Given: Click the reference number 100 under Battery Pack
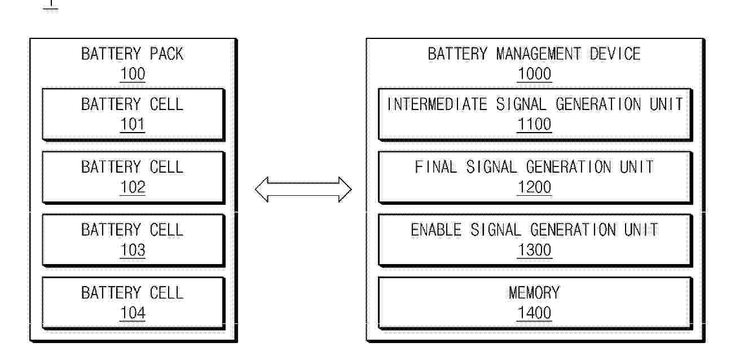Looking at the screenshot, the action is pos(133,74).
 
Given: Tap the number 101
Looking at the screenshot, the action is pos(133,124).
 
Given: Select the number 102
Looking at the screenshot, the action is pos(133,187).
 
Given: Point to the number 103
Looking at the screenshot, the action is pos(133,250).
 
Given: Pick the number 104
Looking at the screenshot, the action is pos(133,313).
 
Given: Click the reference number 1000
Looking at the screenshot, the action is pos(535,74).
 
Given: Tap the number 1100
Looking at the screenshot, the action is pos(535,124).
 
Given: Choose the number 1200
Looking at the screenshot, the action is pos(535,187).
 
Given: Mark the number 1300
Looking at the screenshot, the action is pos(535,250).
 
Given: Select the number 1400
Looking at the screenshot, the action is pos(535,313).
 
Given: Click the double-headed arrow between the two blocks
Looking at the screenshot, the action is pos(303,190).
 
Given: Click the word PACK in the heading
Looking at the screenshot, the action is pos(167,54).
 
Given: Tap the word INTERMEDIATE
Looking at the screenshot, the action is pos(437,104).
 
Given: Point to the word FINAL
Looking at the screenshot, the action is pos(435,167).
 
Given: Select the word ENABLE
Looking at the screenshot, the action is pos(436,230).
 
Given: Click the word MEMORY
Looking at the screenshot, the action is pos(535,293).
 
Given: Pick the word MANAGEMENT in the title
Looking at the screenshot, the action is pos(539,54).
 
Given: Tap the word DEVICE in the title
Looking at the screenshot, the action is pos(615,54).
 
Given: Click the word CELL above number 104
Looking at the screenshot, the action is pos(167,293).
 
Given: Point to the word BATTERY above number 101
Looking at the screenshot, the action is pos(111,104).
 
